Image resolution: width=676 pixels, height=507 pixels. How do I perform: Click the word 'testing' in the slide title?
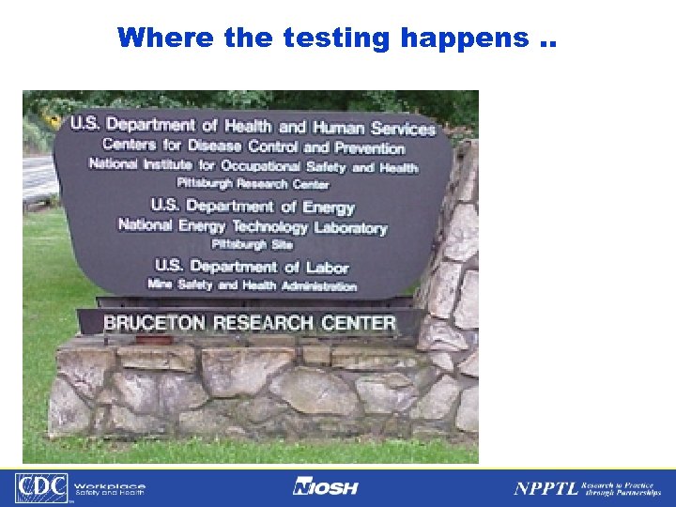(311, 38)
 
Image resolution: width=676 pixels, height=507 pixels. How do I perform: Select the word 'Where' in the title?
(167, 38)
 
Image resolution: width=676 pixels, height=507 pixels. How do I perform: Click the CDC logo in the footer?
(40, 488)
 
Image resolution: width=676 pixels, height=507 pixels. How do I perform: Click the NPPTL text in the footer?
(544, 488)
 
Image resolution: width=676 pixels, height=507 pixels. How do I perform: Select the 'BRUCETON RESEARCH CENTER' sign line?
(249, 323)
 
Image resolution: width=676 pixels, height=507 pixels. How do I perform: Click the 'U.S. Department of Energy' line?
(253, 206)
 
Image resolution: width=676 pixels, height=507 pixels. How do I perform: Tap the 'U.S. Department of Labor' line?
(251, 266)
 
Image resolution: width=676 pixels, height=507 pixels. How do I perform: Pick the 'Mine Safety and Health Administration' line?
(252, 284)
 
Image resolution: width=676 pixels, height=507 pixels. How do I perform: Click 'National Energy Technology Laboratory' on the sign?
(252, 226)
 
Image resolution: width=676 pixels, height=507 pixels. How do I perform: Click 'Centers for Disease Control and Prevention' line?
(253, 146)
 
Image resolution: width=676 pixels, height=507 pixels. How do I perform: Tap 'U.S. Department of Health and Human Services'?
(253, 126)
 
